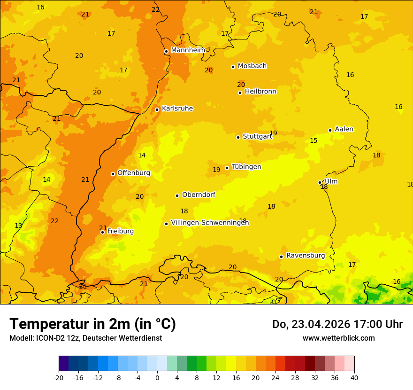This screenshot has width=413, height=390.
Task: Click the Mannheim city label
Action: click(188, 50)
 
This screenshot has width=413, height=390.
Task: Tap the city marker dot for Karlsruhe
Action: click(157, 109)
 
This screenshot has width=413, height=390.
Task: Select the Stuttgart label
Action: click(257, 137)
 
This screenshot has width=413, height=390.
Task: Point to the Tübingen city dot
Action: click(227, 168)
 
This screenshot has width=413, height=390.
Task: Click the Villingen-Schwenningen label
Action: click(210, 223)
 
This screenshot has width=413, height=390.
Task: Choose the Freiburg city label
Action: click(120, 231)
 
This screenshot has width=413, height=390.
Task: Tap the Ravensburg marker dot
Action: click(282, 257)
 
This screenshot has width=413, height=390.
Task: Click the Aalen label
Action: click(344, 129)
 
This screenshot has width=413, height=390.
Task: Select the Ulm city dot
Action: click(320, 182)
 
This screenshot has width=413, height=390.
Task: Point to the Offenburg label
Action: click(134, 173)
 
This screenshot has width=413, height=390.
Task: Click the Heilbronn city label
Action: click(260, 92)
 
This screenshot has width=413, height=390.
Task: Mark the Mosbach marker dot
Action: click(233, 67)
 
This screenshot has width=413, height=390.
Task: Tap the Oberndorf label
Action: click(199, 195)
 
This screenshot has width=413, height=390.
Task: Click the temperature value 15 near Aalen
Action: click(314, 140)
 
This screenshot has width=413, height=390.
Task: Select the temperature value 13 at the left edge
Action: click(18, 226)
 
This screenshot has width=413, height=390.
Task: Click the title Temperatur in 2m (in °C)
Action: click(92, 324)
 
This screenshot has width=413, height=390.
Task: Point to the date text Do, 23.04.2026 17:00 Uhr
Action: click(337, 324)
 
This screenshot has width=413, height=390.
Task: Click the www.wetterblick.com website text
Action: click(338, 338)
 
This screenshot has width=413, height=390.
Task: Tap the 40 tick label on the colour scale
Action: click(354, 377)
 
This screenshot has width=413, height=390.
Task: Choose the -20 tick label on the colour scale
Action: click(59, 377)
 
